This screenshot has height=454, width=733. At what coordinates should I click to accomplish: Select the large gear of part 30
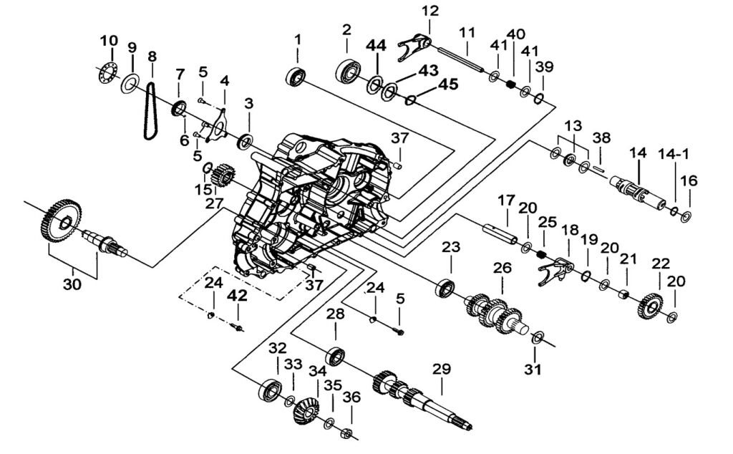[59, 220]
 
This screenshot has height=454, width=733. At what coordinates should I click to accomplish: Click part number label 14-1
[674, 154]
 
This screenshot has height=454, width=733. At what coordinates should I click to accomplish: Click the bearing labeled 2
[349, 72]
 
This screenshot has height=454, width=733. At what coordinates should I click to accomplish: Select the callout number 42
[238, 296]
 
